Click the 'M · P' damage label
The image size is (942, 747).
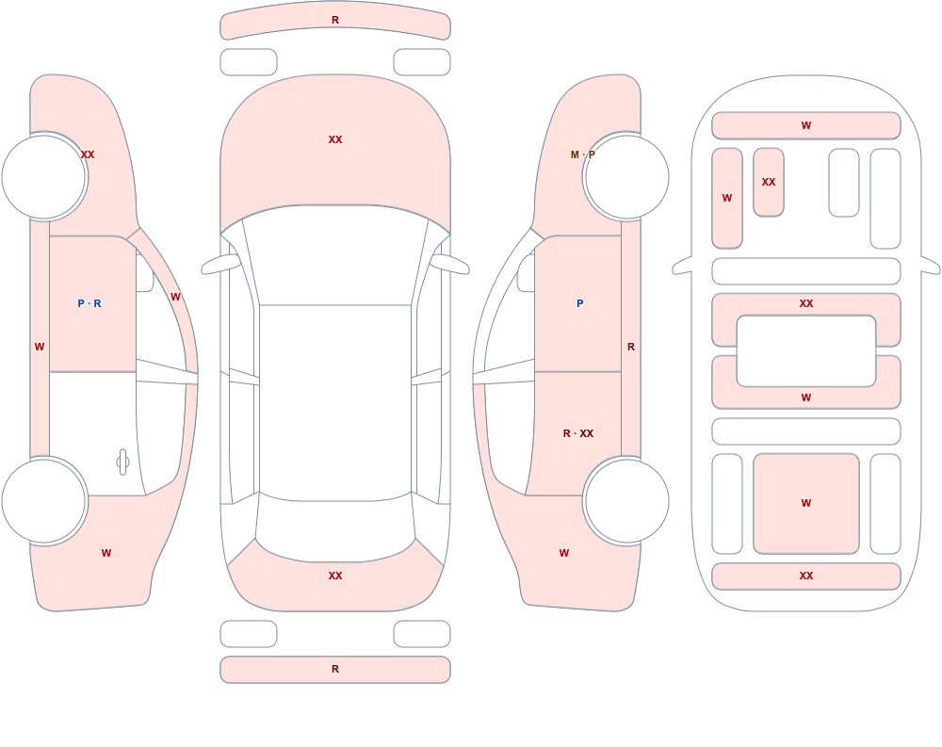[582, 154]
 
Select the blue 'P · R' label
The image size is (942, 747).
[89, 303]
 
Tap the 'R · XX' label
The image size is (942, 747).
[578, 433]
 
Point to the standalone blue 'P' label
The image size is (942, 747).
[579, 303]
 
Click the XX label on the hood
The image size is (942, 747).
[335, 139]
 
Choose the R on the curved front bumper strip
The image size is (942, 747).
[335, 20]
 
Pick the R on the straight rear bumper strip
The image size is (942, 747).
[335, 669]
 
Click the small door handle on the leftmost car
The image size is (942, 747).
[122, 463]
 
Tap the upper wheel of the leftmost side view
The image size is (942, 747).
[44, 177]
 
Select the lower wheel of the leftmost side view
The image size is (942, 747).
[44, 500]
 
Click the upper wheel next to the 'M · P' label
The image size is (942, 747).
[626, 177]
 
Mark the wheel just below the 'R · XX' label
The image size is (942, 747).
[626, 500]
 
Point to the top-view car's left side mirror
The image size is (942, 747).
[219, 264]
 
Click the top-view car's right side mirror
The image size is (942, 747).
[450, 264]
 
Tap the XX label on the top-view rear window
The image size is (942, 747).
[335, 576]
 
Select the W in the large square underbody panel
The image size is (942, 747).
[806, 503]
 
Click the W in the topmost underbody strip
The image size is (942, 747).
[806, 125]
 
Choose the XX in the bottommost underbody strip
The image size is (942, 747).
[806, 576]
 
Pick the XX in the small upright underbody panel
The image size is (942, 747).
[769, 182]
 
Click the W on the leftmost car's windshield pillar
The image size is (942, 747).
[175, 297]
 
